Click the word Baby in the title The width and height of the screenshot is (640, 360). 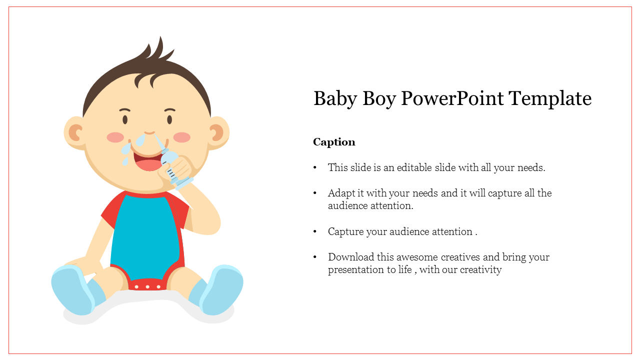(335, 99)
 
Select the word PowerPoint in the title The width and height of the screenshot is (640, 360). (452, 98)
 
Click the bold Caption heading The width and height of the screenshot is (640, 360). (334, 142)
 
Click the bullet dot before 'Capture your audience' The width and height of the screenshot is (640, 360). (315, 231)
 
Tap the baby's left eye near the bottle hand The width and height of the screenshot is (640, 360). (169, 119)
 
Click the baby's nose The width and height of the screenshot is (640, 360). (149, 132)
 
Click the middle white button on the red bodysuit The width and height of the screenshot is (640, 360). (147, 286)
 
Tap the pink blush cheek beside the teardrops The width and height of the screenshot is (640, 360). (115, 137)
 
